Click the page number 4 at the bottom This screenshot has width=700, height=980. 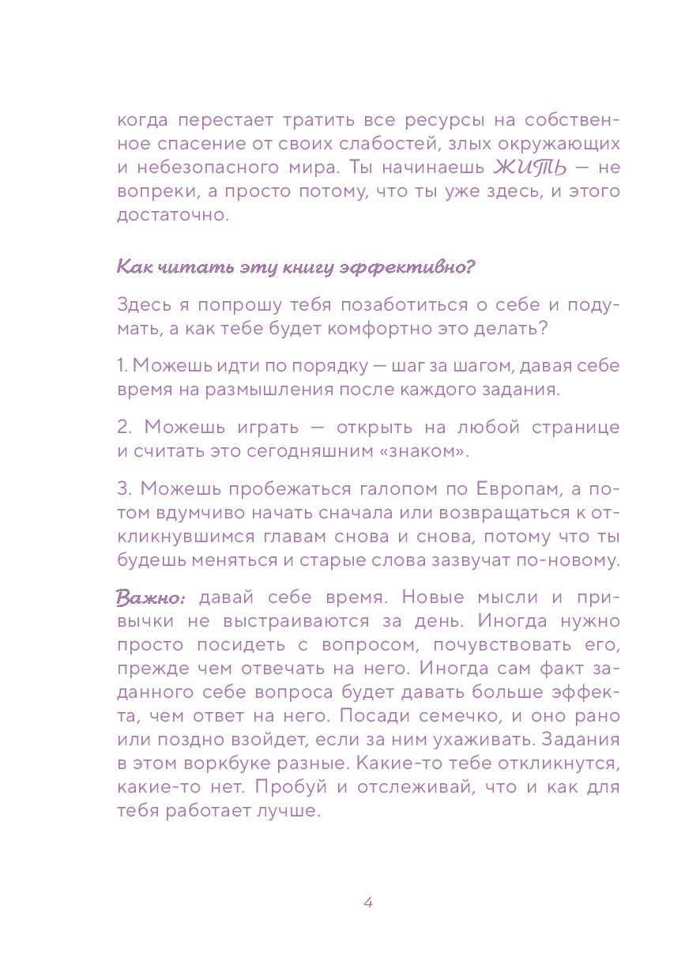click(367, 903)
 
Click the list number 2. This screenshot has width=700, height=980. click(123, 428)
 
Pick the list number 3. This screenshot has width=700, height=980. click(123, 489)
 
